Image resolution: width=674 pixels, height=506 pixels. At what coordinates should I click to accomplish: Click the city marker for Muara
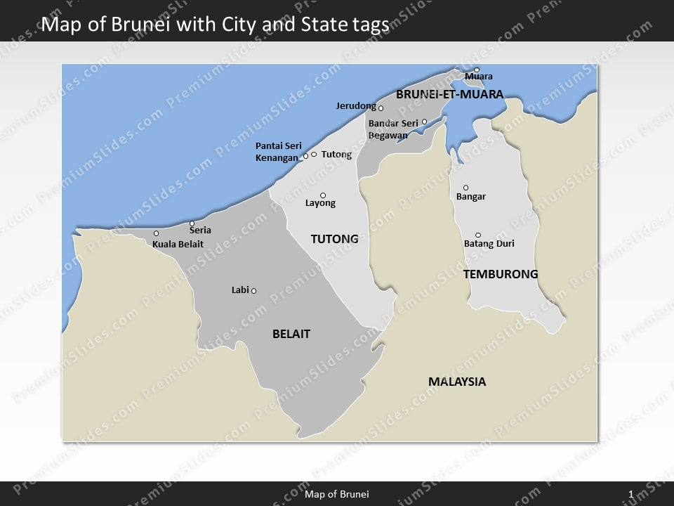[477, 70]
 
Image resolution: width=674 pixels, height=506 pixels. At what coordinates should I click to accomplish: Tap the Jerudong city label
[356, 106]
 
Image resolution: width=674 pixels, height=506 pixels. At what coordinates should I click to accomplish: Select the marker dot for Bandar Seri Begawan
[424, 122]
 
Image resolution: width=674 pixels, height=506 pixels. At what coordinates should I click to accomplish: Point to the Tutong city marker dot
[314, 154]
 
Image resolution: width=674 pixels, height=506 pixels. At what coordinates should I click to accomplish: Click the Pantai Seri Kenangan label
[278, 152]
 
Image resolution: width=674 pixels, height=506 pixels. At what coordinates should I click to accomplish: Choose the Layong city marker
[323, 195]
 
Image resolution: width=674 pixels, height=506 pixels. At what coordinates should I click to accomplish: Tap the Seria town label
[200, 231]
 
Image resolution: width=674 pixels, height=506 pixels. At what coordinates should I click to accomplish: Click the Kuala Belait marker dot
[156, 233]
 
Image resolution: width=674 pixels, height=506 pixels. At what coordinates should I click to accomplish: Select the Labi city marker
[253, 291]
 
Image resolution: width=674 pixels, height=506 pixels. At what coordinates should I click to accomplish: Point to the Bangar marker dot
[465, 188]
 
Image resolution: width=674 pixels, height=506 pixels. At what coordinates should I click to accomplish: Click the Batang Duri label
[489, 245]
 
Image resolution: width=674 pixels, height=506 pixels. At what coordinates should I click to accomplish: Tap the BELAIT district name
[291, 335]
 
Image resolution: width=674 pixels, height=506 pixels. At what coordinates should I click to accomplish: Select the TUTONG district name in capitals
[334, 239]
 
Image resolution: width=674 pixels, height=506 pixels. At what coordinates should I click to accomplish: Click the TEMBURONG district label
[501, 274]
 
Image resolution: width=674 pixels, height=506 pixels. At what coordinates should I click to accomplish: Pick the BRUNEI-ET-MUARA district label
[449, 94]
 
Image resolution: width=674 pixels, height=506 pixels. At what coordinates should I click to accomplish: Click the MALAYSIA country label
[457, 382]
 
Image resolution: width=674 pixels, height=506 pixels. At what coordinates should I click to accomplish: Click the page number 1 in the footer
[631, 494]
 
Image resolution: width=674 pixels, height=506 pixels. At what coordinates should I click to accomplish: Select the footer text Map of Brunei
[336, 494]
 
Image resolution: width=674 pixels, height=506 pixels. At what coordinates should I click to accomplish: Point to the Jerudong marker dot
[381, 108]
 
